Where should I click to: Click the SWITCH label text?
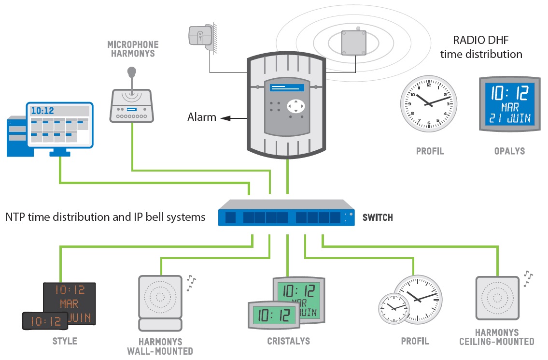[378, 217]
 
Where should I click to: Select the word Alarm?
[202, 117]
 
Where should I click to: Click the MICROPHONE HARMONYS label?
[133, 49]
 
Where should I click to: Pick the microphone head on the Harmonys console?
[131, 72]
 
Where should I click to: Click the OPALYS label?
[509, 151]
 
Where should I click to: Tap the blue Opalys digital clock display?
[509, 104]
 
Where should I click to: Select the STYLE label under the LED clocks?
[65, 341]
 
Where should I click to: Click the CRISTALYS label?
[288, 341]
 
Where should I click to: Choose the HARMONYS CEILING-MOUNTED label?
[497, 337]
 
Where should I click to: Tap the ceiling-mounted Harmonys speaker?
[497, 298]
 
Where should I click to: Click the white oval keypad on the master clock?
[295, 105]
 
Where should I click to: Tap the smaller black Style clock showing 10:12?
[44, 321]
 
